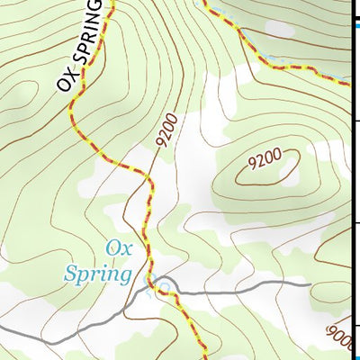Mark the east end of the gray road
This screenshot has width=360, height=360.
[310, 285]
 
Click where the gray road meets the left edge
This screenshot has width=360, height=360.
[2, 329]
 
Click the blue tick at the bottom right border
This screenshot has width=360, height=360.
[355, 328]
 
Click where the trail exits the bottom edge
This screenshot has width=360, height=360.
[207, 357]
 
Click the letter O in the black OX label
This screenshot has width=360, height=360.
[63, 84]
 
